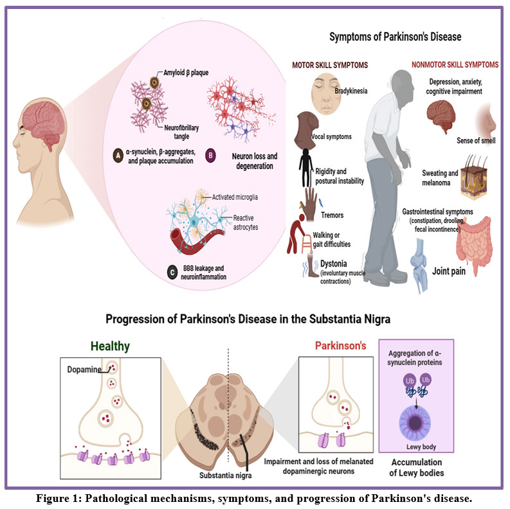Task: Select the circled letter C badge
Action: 172,272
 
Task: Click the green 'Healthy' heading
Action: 110,346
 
